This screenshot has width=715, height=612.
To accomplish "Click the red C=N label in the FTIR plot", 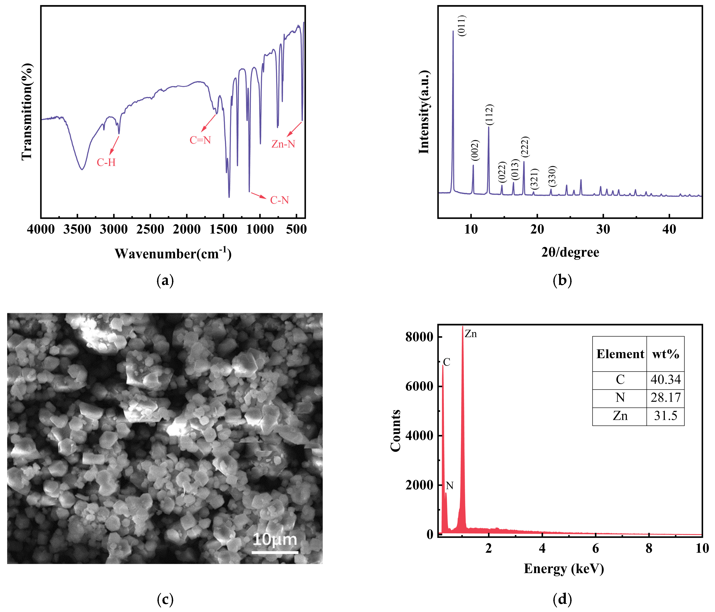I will [x=200, y=140].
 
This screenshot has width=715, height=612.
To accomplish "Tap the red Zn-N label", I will [x=283, y=144].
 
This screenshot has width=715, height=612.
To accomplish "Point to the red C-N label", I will [x=279, y=200].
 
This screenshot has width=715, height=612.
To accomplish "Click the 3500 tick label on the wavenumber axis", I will [x=77, y=229].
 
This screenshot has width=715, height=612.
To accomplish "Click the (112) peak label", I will [x=489, y=115].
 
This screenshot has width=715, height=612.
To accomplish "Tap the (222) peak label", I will [x=525, y=147].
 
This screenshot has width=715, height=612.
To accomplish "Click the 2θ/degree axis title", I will [x=570, y=252].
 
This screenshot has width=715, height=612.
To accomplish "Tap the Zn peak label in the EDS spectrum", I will [x=471, y=334].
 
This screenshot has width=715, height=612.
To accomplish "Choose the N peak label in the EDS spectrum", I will [x=449, y=486].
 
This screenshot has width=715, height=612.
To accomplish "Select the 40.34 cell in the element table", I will [x=665, y=380].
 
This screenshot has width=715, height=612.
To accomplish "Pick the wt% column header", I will [x=665, y=354].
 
